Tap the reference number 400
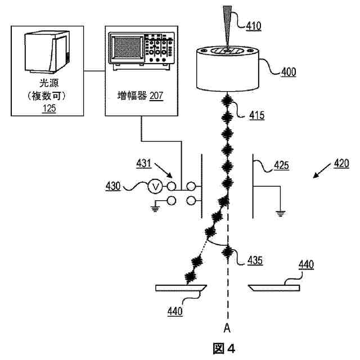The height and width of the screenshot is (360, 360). (289, 71)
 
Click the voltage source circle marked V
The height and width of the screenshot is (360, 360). (158, 186)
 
